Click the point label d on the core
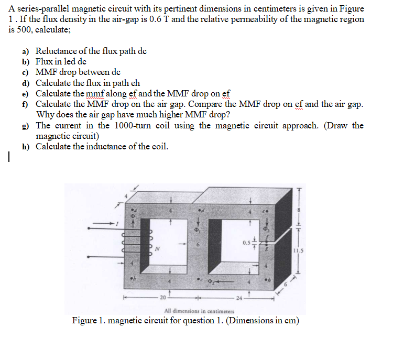coord(201,210)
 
